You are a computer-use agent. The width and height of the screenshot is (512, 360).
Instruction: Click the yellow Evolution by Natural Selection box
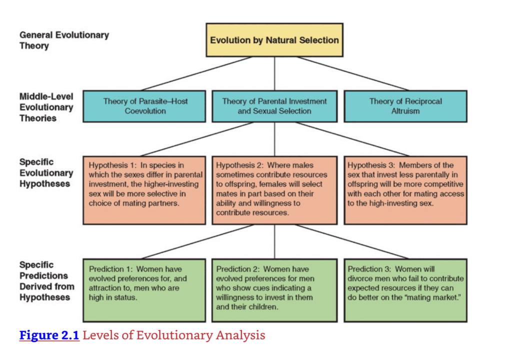274,40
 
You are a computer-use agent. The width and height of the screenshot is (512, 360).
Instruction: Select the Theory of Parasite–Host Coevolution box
144,106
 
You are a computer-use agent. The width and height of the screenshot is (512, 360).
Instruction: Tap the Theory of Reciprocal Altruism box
405,106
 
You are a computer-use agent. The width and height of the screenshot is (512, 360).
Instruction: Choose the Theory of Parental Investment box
274,106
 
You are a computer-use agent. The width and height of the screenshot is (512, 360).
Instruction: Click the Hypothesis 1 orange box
144,190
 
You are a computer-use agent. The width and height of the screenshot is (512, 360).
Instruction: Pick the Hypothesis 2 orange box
274,190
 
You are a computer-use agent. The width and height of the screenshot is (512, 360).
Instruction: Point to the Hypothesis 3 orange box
405,190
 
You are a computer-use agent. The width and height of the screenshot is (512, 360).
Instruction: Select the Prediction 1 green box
144,290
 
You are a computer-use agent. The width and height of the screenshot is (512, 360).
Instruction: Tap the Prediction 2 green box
274,290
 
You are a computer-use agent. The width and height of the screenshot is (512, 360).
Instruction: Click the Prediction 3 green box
405,290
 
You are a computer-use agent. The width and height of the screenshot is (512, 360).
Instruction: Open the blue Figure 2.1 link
49,335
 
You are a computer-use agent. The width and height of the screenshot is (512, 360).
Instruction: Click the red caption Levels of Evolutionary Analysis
173,335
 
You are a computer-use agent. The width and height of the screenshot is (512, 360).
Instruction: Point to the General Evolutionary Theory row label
64,40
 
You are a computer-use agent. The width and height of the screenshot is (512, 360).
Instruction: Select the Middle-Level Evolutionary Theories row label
46,107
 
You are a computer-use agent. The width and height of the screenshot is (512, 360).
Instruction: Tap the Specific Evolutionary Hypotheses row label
46,173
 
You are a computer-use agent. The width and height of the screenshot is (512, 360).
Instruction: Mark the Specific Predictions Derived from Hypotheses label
46,281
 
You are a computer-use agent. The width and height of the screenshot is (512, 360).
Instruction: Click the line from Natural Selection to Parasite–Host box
196,73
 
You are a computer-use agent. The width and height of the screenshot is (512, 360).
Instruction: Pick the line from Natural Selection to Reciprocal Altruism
352,73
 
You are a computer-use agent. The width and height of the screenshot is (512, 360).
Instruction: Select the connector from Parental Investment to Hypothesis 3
352,139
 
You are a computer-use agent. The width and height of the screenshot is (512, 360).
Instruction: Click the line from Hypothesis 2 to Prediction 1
197,241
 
